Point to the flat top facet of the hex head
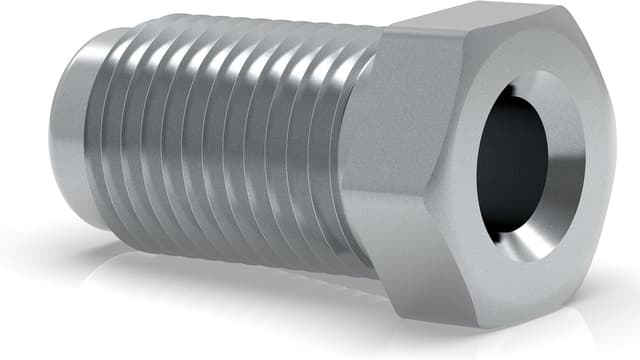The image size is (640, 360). pos(470,25)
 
